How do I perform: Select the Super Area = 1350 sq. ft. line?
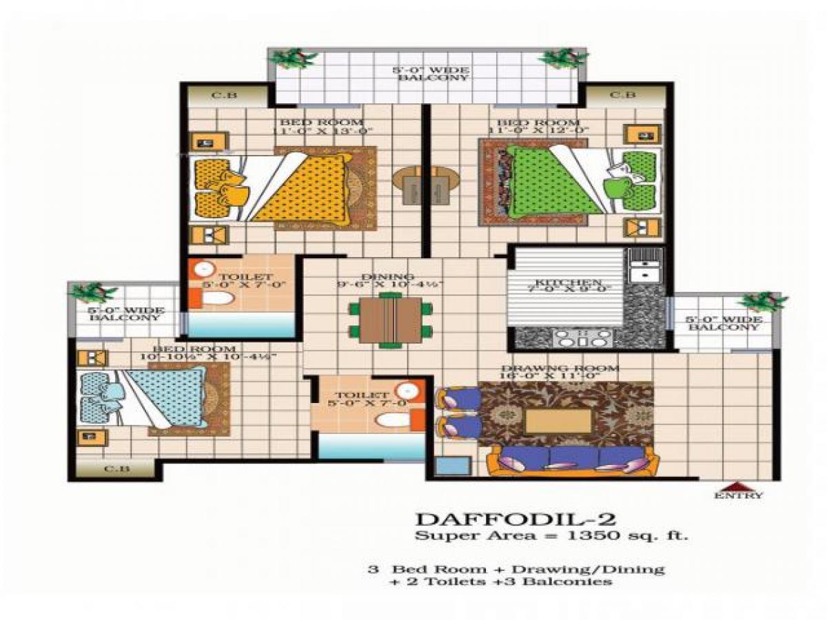pos(551,535)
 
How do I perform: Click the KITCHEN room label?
pos(569,283)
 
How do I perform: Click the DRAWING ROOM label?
pos(559,369)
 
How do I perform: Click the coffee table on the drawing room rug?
pos(558,420)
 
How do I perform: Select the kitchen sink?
pos(644,265)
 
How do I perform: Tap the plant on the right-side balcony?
pos(761,302)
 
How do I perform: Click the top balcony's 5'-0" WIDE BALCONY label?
pos(431,74)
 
